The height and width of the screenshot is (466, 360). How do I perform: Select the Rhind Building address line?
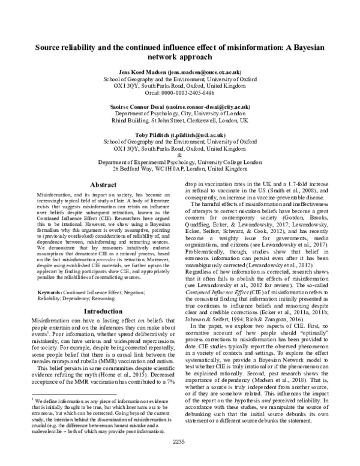(x=180, y=120)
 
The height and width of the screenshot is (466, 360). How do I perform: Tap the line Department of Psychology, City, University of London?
(x=180, y=113)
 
